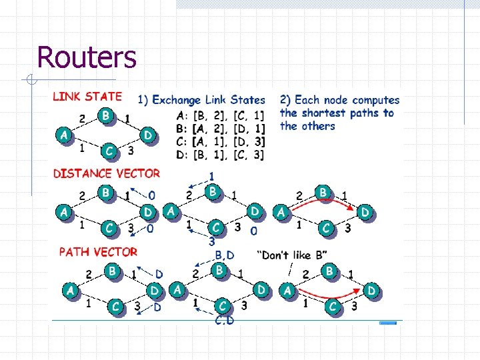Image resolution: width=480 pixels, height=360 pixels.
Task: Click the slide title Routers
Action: pyautogui.click(x=87, y=57)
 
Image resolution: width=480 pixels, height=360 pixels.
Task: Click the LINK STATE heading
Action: pyautogui.click(x=87, y=97)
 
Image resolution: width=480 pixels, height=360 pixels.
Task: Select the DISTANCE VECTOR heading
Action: pyautogui.click(x=107, y=173)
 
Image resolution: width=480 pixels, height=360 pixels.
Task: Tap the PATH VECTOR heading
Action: pyautogui.click(x=98, y=252)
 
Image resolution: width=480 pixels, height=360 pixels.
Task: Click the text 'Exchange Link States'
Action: pyautogui.click(x=209, y=100)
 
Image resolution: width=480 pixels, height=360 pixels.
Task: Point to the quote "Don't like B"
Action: pyautogui.click(x=292, y=255)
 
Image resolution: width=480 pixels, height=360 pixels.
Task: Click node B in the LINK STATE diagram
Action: pyautogui.click(x=105, y=116)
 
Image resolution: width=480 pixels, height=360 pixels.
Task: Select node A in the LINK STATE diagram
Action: pyautogui.click(x=63, y=135)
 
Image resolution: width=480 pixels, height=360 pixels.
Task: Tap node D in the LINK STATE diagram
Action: pyautogui.click(x=148, y=135)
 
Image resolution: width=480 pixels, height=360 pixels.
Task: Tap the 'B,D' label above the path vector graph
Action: pyautogui.click(x=225, y=255)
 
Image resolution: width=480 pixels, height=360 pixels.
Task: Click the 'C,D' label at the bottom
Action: pyautogui.click(x=224, y=321)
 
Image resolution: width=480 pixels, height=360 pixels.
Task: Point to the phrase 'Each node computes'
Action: pyautogui.click(x=347, y=100)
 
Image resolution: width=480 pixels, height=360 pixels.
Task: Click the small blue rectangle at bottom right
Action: pyautogui.click(x=387, y=323)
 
